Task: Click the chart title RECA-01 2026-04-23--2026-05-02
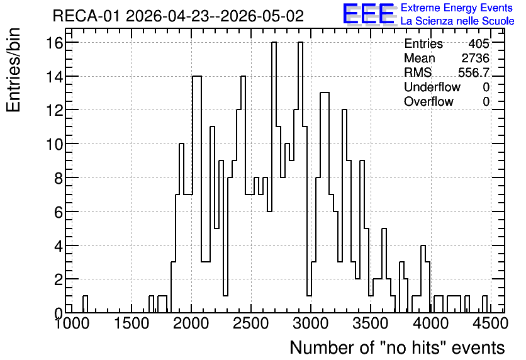pos(178,16)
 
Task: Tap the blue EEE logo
pos(369,14)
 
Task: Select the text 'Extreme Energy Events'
pos(457,8)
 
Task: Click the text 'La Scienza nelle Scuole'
pos(457,21)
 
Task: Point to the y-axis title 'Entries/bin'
pos(14,70)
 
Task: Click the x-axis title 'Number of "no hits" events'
pos(397,347)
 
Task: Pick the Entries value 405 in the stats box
pos(479,43)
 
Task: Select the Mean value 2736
pos(475,58)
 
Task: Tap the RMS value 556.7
pos(474,72)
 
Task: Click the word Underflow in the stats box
pos(432,87)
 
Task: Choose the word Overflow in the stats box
pos(428,101)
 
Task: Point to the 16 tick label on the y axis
pos(55,43)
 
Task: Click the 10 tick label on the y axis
pos(55,144)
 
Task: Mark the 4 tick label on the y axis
pos(59,246)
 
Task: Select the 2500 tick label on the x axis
pos(251,323)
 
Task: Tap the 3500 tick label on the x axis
pos(371,323)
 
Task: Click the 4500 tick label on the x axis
pos(490,323)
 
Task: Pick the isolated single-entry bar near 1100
pos(85,304)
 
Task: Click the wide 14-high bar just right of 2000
pos(197,194)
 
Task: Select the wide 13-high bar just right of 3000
pos(325,203)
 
